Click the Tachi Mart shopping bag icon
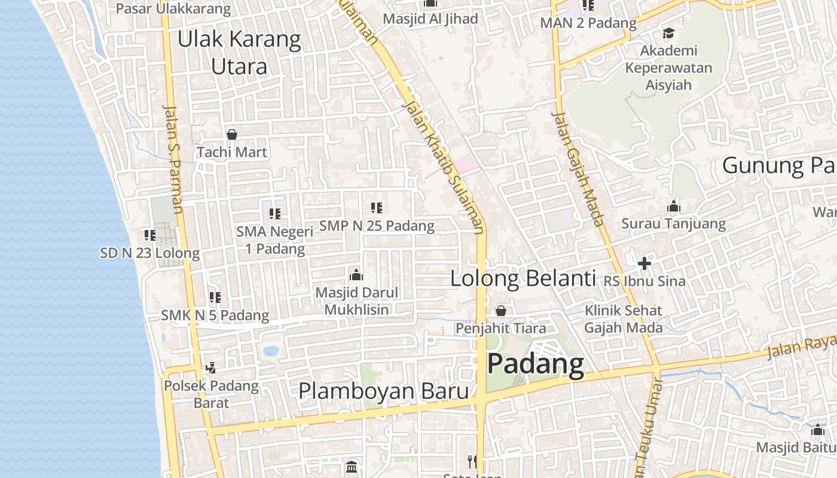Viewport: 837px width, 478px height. [x=232, y=134]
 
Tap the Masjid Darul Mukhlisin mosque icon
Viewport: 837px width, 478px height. [x=356, y=275]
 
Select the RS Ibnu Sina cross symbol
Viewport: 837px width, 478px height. [x=644, y=263]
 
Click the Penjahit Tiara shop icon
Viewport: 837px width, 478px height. [x=501, y=311]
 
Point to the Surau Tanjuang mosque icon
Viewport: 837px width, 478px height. [x=674, y=207]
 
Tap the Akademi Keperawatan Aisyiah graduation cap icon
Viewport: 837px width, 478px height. [x=668, y=33]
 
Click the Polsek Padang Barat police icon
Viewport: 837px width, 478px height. [x=210, y=368]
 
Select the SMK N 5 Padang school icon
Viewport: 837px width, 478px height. [x=215, y=297]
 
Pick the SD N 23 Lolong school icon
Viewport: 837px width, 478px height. [x=150, y=235]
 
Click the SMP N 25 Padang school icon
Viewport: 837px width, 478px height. [x=377, y=208]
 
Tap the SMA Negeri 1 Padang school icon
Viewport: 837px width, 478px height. [x=275, y=213]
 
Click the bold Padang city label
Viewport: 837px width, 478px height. [x=535, y=364]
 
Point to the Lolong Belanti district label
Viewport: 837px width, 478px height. [x=523, y=278]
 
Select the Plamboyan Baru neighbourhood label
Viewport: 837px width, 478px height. [x=383, y=391]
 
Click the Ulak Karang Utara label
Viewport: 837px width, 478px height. [x=239, y=53]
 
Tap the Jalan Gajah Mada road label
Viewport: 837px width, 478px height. [x=578, y=169]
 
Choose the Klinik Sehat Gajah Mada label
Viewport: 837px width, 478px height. [x=624, y=319]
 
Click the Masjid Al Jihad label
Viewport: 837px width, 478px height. [x=430, y=19]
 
